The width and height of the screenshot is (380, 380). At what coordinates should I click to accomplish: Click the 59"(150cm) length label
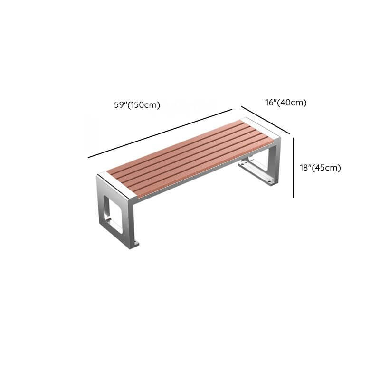(x=137, y=105)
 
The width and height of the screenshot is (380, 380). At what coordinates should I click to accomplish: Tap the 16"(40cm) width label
(x=286, y=103)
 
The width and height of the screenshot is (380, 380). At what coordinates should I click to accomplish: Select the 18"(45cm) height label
(x=320, y=168)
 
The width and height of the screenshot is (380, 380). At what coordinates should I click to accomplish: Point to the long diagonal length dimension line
(x=160, y=133)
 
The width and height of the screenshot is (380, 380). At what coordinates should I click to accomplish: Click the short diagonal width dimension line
(x=266, y=120)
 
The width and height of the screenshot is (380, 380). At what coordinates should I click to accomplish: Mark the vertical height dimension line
(x=293, y=168)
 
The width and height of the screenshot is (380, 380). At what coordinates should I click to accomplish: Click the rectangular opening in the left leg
(x=113, y=215)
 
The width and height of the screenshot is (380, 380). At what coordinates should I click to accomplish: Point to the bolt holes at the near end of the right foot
(x=270, y=180)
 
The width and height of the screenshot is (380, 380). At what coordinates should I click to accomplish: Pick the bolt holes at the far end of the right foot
(x=244, y=164)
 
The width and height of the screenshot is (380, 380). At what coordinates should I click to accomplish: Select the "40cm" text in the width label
(x=292, y=103)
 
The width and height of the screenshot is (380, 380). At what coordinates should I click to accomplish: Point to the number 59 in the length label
(x=119, y=105)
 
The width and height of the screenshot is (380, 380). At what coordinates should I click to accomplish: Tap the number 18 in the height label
(x=304, y=168)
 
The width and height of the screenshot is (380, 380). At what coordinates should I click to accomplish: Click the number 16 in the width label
(x=269, y=103)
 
